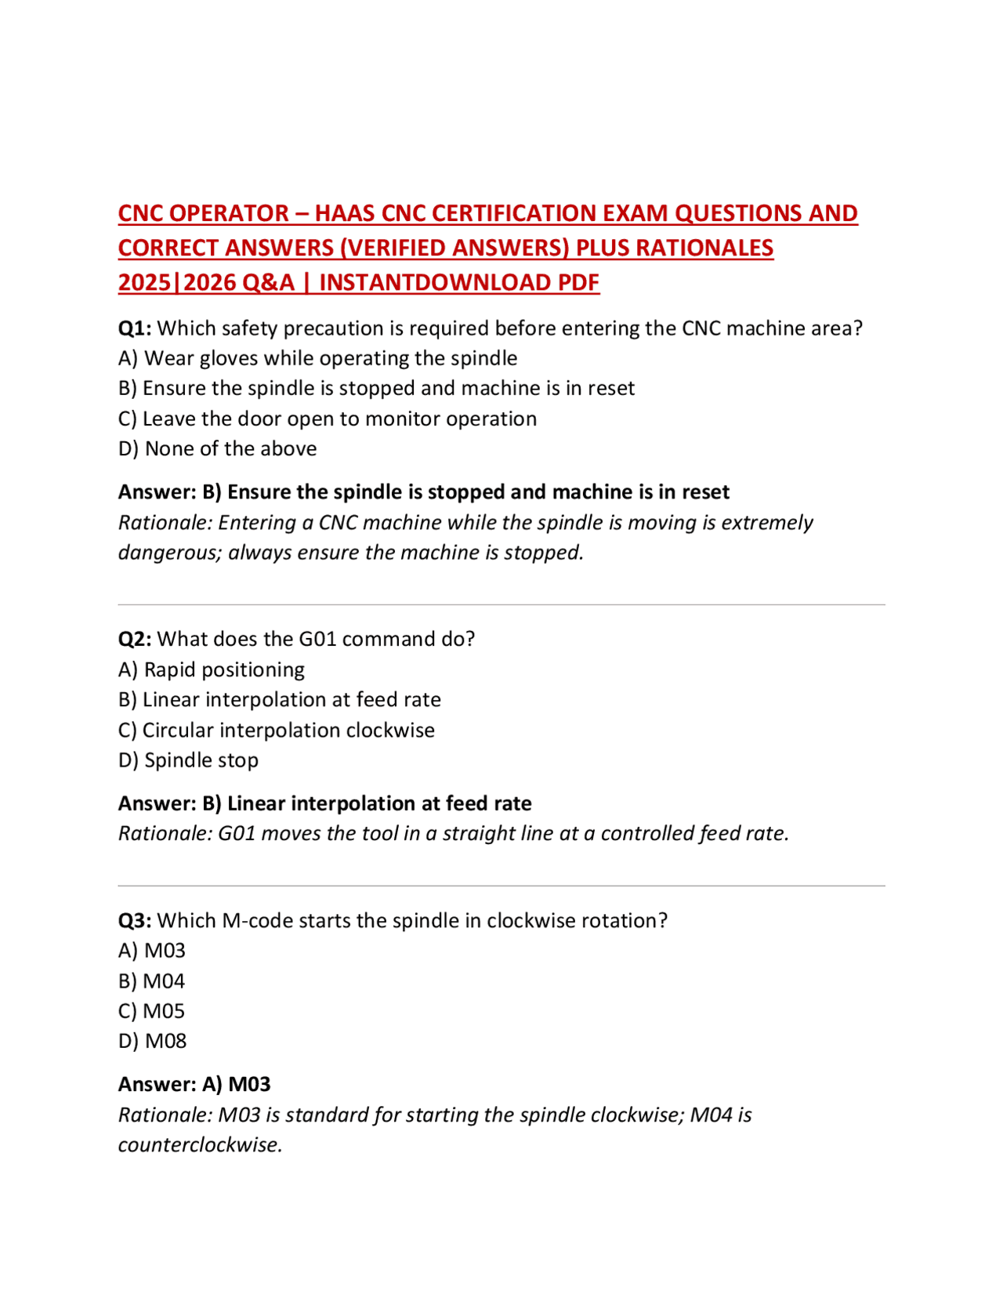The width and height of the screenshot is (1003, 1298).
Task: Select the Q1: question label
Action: tap(134, 328)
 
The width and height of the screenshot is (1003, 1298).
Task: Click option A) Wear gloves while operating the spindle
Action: tap(317, 358)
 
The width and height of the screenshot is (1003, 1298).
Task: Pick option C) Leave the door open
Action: tap(327, 419)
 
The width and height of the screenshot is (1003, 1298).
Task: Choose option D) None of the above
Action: tap(217, 448)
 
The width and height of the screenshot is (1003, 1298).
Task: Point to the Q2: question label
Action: tap(134, 639)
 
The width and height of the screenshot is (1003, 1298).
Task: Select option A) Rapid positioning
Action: tap(211, 669)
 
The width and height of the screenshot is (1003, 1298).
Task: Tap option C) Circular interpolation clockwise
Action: tap(276, 730)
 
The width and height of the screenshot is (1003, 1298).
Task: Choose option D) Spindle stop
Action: tap(188, 760)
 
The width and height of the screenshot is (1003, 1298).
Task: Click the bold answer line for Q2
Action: tap(324, 803)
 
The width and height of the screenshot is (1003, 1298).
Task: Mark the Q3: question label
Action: tap(134, 920)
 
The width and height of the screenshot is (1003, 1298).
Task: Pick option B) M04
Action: tap(151, 981)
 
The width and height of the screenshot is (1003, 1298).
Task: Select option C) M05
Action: tap(151, 1011)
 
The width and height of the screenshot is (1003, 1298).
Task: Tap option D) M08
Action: tap(152, 1041)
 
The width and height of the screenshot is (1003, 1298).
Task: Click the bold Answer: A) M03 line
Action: tap(194, 1084)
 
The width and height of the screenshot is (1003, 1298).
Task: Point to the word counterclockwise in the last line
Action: tap(200, 1145)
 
